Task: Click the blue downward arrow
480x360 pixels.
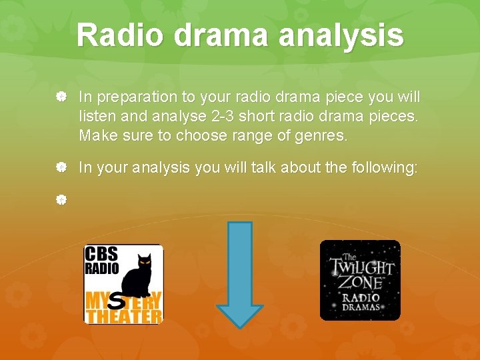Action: point(240,274)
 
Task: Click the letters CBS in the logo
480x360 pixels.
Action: point(101,255)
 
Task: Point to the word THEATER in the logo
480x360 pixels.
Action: point(123,315)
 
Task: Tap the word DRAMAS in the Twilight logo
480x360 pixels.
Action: point(361,307)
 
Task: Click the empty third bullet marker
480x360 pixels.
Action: point(61,199)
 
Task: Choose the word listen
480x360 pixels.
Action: point(98,117)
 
